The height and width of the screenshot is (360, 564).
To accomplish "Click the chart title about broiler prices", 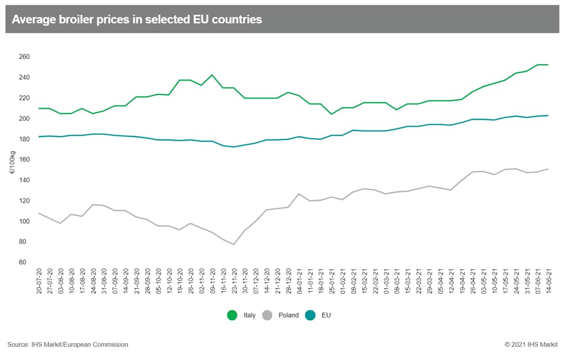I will pos(136,20).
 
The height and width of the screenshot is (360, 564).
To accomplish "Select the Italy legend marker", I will pos(232,315).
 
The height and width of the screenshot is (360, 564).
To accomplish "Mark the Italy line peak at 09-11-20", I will pos(212,75).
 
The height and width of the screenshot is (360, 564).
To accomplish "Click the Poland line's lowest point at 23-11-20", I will pos(234,244).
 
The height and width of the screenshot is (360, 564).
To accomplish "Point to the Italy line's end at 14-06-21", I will pos(548,65).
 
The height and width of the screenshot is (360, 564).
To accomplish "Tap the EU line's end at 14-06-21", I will pos(548,116).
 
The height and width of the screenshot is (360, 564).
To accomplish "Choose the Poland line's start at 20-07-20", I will pos(40,213).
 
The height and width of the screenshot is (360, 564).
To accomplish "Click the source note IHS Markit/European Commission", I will pos(68,344).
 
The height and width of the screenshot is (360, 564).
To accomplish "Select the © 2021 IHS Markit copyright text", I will pos(530,344).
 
